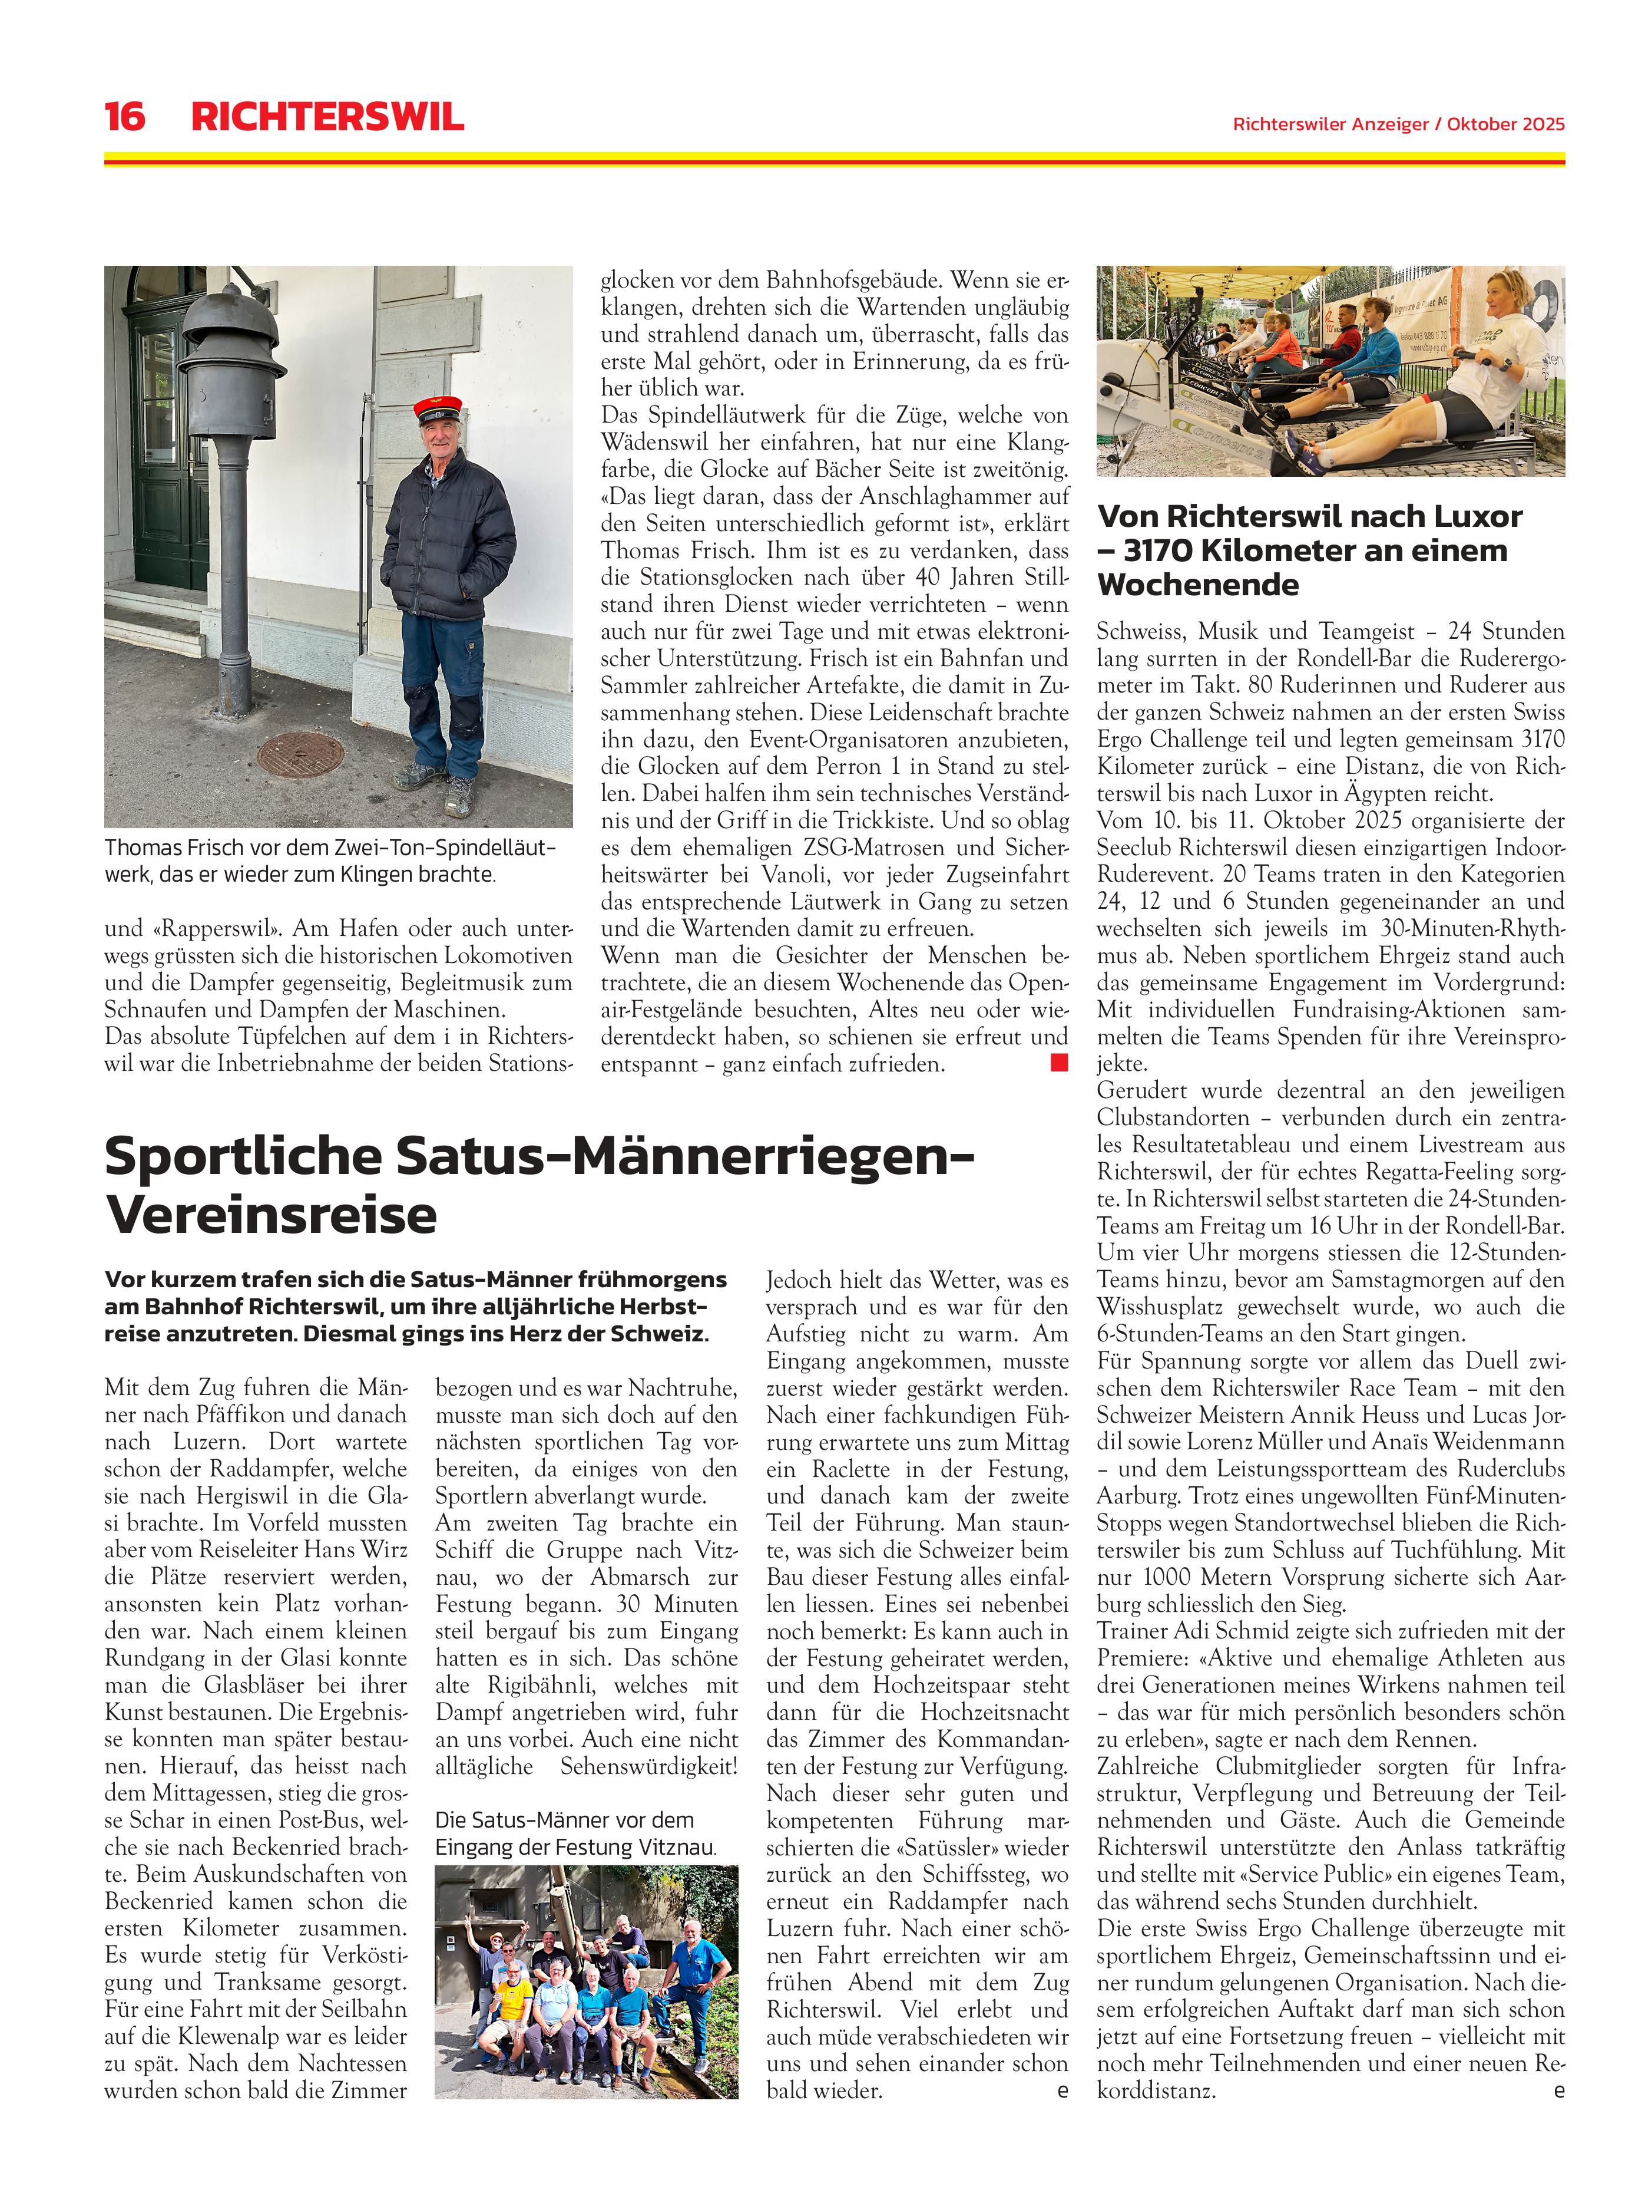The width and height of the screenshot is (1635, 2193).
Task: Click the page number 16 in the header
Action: [x=125, y=117]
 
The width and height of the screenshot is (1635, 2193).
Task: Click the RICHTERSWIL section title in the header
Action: [x=327, y=117]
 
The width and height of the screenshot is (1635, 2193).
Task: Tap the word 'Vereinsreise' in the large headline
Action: [x=271, y=1215]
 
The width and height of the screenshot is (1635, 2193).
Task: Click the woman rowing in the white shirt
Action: [x=1485, y=367]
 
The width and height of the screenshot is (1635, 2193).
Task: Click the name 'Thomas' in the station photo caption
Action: [x=141, y=847]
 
